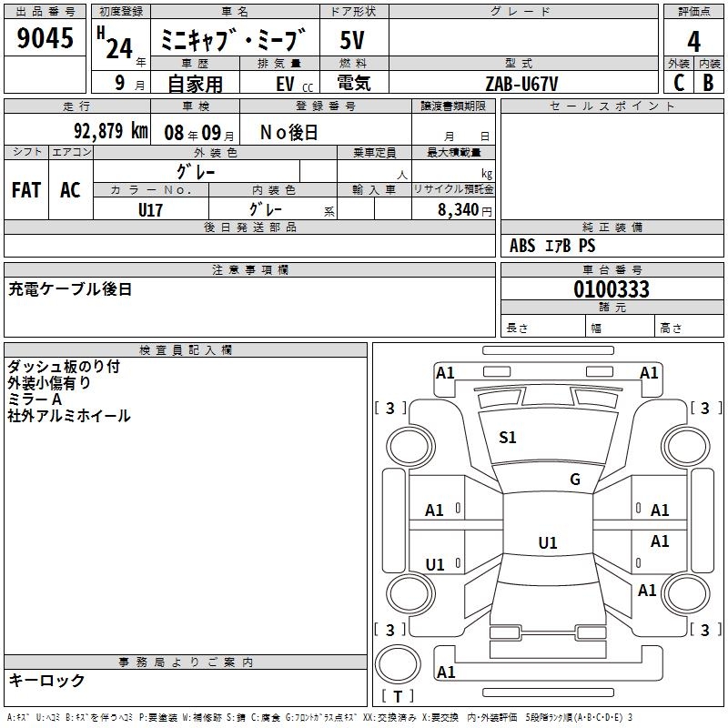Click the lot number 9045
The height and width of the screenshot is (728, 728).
point(45,37)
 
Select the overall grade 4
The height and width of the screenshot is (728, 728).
point(693,42)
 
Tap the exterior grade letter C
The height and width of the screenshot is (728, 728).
point(679,83)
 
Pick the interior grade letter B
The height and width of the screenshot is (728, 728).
point(708,83)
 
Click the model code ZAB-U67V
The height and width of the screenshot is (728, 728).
point(521,84)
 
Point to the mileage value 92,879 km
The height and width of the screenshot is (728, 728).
point(111,131)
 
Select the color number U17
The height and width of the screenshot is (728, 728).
point(150,210)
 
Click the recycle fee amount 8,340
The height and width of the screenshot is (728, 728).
point(458,210)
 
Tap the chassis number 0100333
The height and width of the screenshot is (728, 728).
point(612,288)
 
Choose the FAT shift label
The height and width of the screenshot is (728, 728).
point(26,190)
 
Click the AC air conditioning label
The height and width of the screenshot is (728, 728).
point(70,190)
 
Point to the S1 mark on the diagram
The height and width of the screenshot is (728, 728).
point(507,438)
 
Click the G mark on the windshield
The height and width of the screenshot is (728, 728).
point(575,480)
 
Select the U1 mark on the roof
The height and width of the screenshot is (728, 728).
point(548,542)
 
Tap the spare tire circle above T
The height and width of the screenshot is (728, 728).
point(398,664)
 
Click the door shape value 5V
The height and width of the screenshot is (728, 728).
point(352,40)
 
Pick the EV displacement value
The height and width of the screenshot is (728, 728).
point(285,84)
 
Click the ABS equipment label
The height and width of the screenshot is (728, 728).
point(522,246)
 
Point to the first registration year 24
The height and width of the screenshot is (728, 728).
point(119,49)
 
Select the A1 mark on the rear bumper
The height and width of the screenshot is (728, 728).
point(446,672)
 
